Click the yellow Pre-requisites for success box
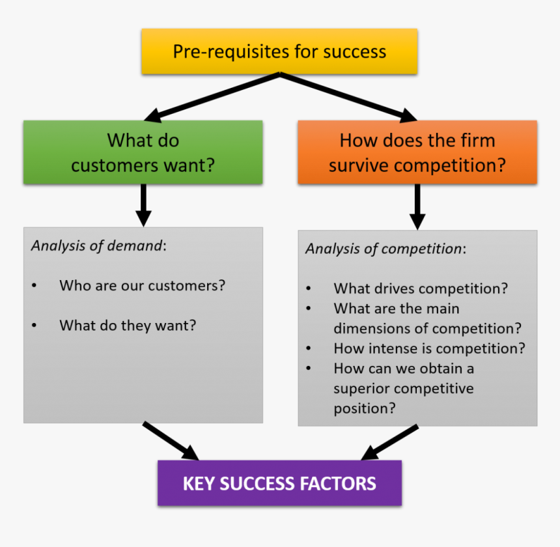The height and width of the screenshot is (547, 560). tap(279, 51)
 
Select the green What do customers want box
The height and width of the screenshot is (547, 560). tap(143, 152)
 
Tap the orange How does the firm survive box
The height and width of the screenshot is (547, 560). tap(417, 152)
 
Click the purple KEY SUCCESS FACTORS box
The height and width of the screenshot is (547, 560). tap(279, 484)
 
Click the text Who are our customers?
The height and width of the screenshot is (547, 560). tap(142, 285)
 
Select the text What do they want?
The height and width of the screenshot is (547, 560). tap(127, 325)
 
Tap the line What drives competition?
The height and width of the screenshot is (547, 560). tap(420, 288)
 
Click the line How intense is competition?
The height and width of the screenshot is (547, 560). tap(429, 348)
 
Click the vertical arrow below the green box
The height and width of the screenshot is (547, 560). tap(144, 204)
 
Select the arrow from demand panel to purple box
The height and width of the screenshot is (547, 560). tap(171, 441)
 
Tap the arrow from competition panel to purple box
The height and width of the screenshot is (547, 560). tap(389, 443)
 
